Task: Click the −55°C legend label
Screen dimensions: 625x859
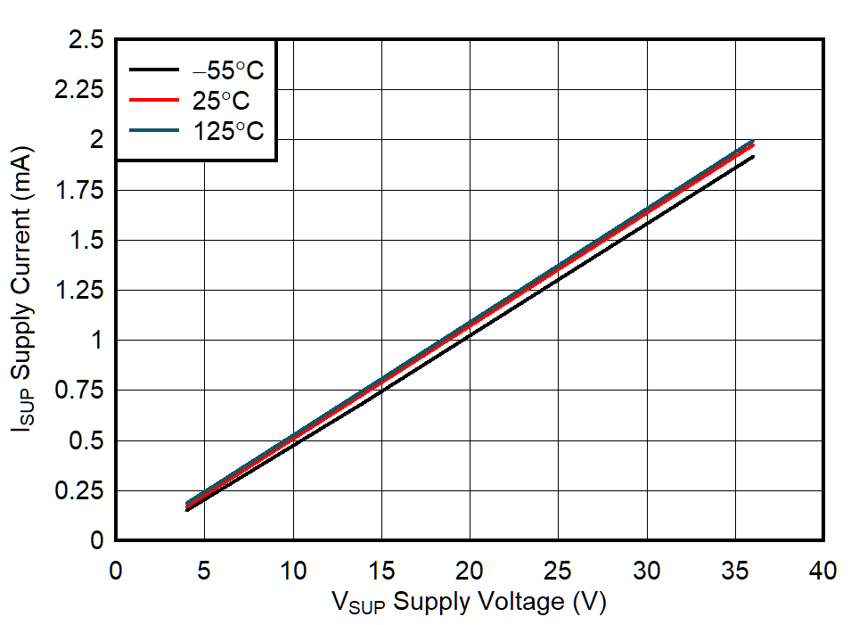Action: tap(228, 70)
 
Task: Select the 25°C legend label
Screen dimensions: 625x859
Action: tap(221, 101)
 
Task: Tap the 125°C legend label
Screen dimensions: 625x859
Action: tap(228, 131)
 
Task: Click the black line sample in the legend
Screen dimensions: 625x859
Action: tap(156, 70)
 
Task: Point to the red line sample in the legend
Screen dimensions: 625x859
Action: tap(156, 101)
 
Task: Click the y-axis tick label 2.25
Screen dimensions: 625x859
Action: tap(79, 90)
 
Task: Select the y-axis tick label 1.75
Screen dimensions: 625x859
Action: tap(79, 191)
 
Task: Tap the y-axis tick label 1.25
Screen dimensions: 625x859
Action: tap(79, 291)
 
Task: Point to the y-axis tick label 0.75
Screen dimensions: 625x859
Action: tap(79, 391)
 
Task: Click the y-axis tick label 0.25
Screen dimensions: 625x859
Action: tap(79, 491)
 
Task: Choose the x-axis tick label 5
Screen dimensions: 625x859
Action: tap(204, 571)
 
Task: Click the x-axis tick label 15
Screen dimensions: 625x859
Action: tap(381, 571)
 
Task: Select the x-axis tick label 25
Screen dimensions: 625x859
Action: tap(559, 571)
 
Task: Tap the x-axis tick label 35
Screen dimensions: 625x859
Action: tap(736, 571)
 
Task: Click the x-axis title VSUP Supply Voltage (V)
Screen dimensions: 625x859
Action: tap(470, 603)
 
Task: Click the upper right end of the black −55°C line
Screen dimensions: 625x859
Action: tap(753, 157)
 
